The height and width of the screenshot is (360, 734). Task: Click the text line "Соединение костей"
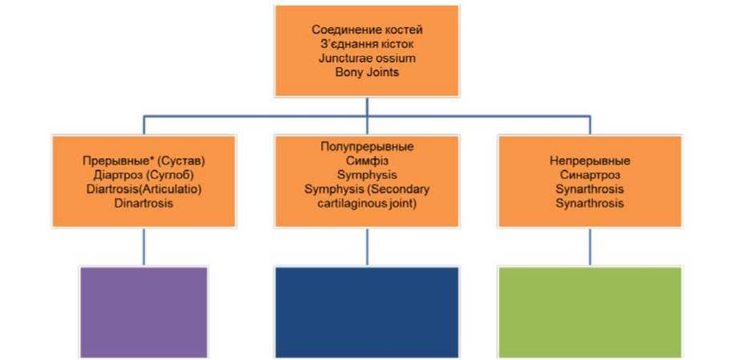(367, 31)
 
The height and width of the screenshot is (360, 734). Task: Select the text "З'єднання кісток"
(367, 44)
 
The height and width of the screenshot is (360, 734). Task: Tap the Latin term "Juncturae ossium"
(367, 59)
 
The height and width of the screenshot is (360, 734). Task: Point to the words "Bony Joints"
(367, 73)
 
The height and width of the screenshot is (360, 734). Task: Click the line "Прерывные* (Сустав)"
(144, 161)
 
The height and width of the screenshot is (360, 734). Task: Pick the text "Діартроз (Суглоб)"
(144, 175)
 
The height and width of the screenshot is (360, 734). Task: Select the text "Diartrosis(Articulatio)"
(144, 189)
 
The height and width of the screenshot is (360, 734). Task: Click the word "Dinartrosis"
(144, 203)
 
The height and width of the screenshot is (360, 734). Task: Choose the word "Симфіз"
(367, 161)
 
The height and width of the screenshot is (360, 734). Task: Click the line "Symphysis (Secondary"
(367, 189)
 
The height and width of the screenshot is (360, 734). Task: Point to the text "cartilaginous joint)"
(367, 203)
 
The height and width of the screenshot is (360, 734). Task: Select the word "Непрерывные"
(590, 161)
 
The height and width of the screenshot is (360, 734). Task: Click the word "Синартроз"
(590, 175)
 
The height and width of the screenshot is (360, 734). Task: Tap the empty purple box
(144, 312)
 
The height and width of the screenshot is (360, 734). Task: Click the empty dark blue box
(367, 312)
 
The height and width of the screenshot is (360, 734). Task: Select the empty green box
(590, 312)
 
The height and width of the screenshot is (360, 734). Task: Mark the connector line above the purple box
(144, 247)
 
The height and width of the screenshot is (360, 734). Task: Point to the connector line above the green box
(590, 247)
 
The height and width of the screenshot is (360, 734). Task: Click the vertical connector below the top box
(367, 106)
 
